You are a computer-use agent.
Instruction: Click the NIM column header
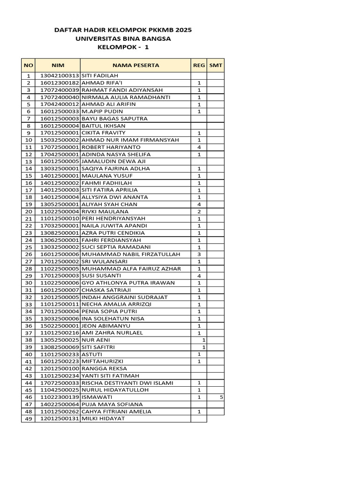pos(57,65)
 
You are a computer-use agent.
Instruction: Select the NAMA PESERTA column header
pos(135,65)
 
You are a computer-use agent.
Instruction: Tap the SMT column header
pos(216,65)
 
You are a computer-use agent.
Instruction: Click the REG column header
pos(199,65)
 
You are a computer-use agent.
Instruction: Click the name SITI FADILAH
pos(100,75)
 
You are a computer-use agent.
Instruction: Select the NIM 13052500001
pos(60,204)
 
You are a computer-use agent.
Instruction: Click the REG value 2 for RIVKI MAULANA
pos(199,211)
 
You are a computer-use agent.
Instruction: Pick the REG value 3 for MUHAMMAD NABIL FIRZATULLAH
pos(199,255)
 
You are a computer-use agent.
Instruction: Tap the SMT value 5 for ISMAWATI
pos(221,397)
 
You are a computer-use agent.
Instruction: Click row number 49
pos(28,419)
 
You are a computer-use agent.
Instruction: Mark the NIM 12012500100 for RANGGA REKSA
pos(60,368)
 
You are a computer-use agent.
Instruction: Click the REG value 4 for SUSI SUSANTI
pos(199,276)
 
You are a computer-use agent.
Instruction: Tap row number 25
pos(28,247)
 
